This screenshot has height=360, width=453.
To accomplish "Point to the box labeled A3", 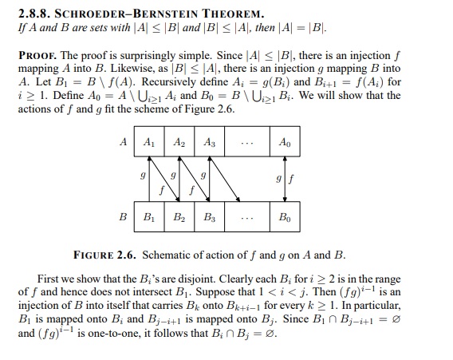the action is [209, 143].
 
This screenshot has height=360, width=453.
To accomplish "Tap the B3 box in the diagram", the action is [209, 217].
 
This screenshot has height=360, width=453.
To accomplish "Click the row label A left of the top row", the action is [124, 142].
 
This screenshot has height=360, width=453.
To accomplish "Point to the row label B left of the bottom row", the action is [124, 216].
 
